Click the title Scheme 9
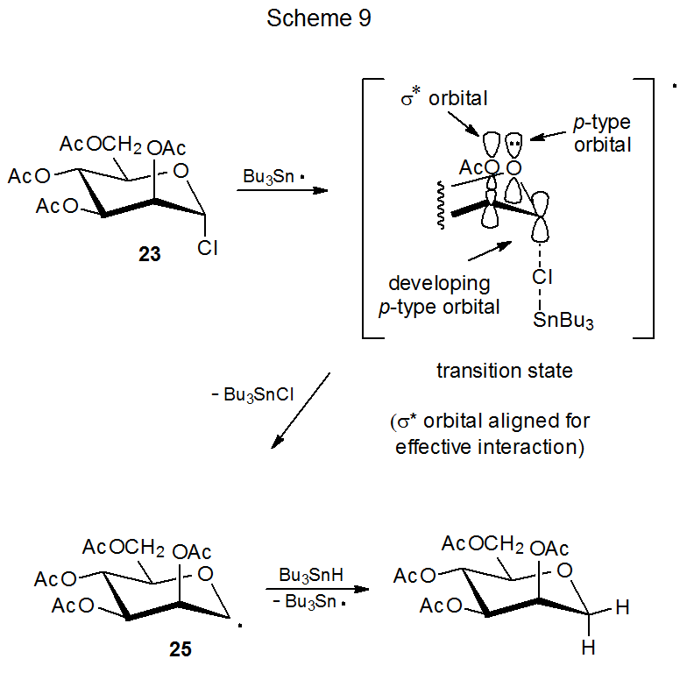point(319,18)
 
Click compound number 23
point(150,255)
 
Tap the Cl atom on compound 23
point(208,249)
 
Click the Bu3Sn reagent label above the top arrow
point(268,175)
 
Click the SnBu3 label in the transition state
point(563,321)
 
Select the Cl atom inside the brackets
point(542,278)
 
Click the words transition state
point(504,371)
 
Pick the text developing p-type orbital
point(444,295)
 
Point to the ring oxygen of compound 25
point(206,574)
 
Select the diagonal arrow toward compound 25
point(301,408)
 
